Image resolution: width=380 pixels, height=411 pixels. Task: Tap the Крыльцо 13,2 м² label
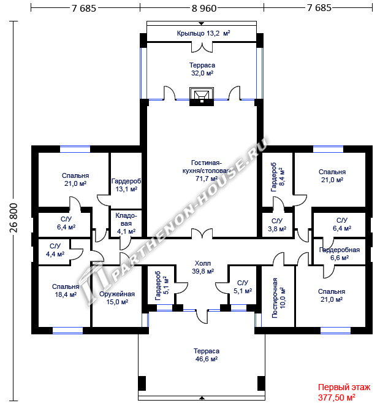tap(203, 33)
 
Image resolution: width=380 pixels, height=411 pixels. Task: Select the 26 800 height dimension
tap(13, 218)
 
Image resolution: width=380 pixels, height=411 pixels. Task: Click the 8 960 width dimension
tap(204, 9)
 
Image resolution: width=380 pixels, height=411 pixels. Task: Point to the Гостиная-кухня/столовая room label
tap(206, 171)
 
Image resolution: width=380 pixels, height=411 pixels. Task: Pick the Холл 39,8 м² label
tap(203, 267)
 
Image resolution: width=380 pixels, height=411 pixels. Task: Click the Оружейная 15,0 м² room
tap(117, 298)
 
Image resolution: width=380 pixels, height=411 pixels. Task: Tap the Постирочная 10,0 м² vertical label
tap(279, 298)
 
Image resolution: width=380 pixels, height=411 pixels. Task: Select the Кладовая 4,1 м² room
tap(126, 223)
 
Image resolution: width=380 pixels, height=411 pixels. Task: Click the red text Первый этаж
tap(344, 387)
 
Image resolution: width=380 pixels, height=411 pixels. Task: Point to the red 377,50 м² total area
tap(336, 398)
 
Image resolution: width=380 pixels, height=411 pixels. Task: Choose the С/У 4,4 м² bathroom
tap(55, 250)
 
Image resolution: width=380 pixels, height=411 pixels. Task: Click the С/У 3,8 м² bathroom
tap(277, 225)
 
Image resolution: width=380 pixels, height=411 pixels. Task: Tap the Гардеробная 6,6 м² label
tap(340, 254)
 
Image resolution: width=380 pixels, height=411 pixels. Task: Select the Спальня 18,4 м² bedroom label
tap(66, 291)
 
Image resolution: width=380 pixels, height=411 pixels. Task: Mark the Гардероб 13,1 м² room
tap(126, 185)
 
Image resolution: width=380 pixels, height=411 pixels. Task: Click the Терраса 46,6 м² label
tap(207, 355)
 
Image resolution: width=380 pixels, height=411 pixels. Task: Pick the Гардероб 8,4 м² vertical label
tap(278, 177)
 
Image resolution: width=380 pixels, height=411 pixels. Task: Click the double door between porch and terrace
tap(202, 47)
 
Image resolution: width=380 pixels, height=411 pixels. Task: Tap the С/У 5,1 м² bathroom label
tap(243, 286)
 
